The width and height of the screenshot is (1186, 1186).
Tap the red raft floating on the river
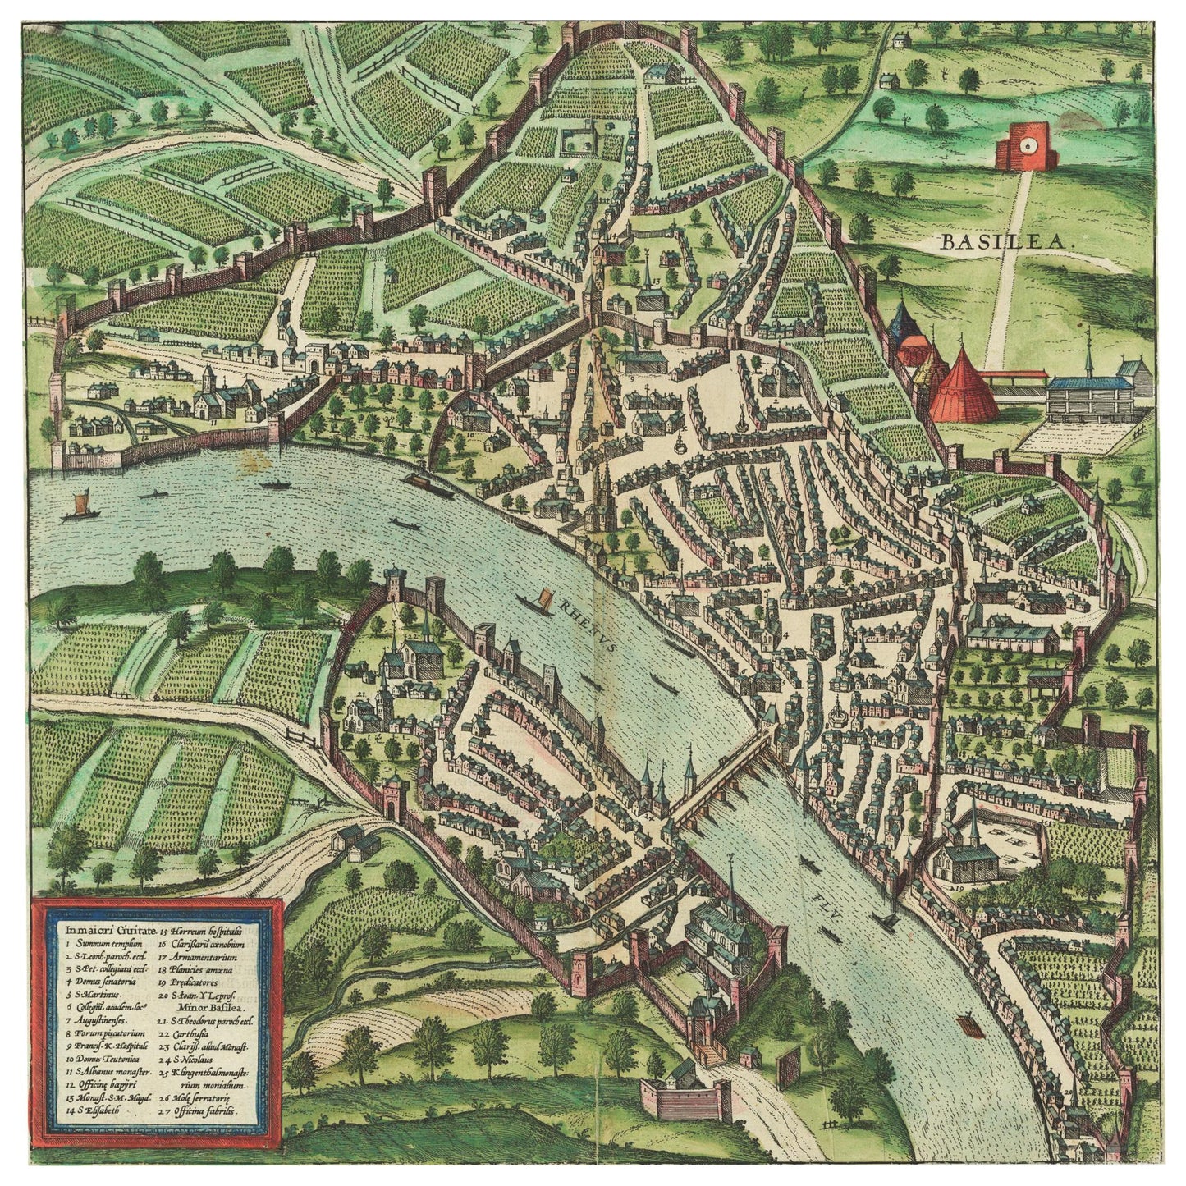(966, 1025)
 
